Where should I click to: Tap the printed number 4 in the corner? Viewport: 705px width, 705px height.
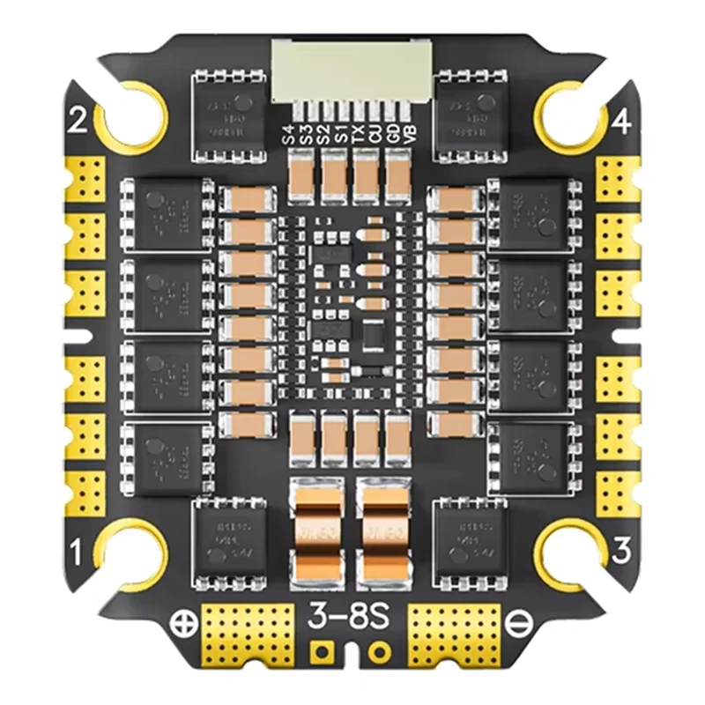coord(621,122)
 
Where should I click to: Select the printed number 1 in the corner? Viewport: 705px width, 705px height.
coord(76,553)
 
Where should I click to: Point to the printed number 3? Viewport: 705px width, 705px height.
coord(622,553)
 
